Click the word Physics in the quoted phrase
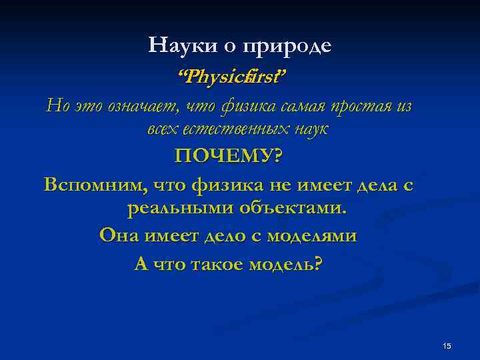click(214, 77)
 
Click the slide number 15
click(447, 345)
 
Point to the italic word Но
click(55, 105)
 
